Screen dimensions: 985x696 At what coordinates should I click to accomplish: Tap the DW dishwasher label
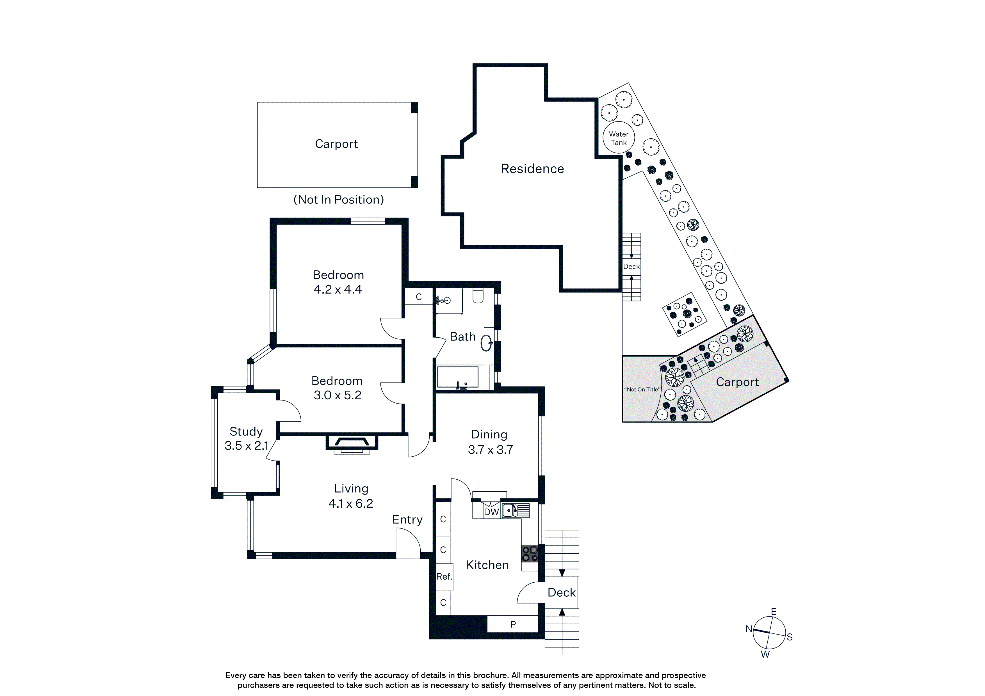click(491, 512)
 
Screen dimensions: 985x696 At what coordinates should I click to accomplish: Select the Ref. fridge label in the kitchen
click(444, 577)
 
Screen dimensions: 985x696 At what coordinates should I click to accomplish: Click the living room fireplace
click(352, 444)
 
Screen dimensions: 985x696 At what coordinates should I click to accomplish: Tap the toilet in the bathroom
click(478, 296)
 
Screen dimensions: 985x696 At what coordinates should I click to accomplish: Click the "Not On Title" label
click(642, 389)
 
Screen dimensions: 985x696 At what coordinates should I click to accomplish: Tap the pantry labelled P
click(513, 624)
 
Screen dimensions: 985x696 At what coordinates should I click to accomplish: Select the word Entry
click(407, 520)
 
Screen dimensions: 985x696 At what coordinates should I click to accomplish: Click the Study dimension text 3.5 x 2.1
click(246, 446)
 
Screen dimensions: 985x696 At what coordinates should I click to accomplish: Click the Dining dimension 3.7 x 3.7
click(490, 450)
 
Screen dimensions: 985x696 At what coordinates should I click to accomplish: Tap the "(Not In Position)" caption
click(338, 200)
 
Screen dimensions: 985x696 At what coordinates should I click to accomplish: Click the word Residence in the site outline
click(532, 169)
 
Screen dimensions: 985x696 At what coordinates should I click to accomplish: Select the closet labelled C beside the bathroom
click(419, 297)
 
